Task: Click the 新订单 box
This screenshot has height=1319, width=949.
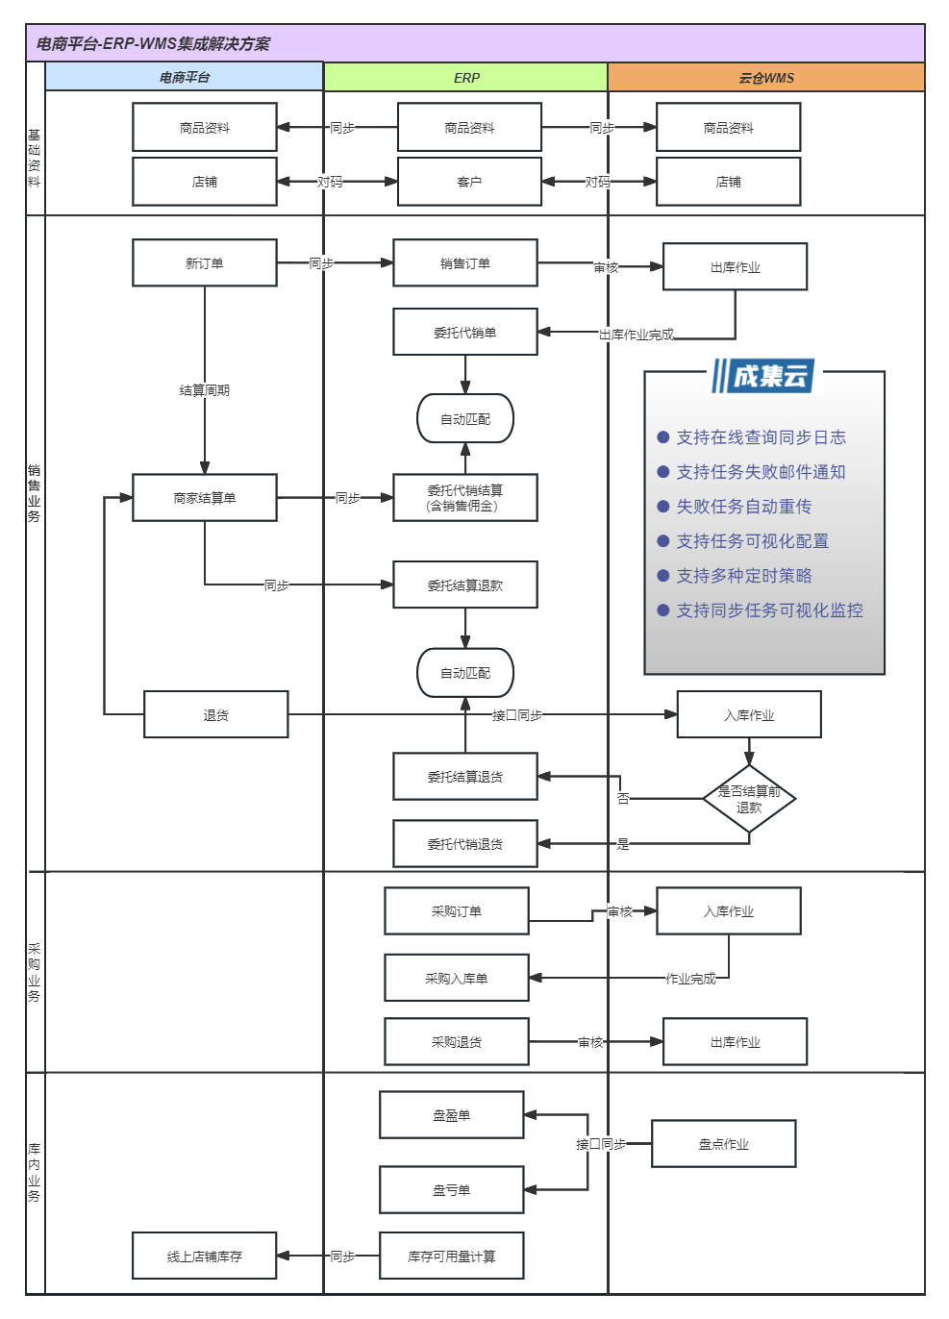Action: (x=205, y=262)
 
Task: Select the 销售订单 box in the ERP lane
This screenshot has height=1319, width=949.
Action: (x=464, y=262)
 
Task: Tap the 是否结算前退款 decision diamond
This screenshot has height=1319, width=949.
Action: (x=749, y=799)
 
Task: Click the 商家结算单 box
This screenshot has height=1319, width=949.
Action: (x=205, y=498)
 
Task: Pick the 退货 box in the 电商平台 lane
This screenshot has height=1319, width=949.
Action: (x=215, y=714)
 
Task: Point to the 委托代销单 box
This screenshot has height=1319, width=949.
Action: (x=464, y=332)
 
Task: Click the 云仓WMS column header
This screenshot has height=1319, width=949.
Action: (x=765, y=77)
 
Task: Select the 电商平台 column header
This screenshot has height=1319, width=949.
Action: (x=185, y=77)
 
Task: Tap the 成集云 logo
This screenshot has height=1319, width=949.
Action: (x=763, y=376)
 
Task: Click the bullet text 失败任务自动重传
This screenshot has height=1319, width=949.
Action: (x=743, y=507)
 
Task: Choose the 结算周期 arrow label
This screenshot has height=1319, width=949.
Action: (x=205, y=389)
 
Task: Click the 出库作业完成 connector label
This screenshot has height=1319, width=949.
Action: (x=637, y=335)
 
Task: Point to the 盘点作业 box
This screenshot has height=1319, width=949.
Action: (x=723, y=1143)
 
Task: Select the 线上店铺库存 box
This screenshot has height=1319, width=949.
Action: (x=204, y=1256)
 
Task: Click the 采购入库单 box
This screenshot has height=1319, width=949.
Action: (x=456, y=978)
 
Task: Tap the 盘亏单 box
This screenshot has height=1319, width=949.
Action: (x=451, y=1190)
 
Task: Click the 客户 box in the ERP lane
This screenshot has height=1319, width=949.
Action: (x=469, y=182)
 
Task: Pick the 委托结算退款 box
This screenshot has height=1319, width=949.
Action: (x=464, y=585)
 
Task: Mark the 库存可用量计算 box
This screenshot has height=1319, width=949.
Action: (x=451, y=1256)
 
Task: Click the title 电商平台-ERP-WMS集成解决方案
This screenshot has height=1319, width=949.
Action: (x=153, y=43)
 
